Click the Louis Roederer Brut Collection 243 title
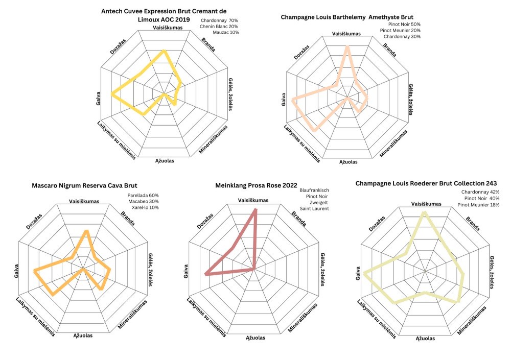[x=426, y=183]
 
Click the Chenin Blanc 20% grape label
[x=220, y=26]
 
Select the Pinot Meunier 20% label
[x=400, y=30]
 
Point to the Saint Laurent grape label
[x=315, y=208]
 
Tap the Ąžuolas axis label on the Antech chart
[x=164, y=161]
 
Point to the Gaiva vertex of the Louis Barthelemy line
[x=293, y=100]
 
